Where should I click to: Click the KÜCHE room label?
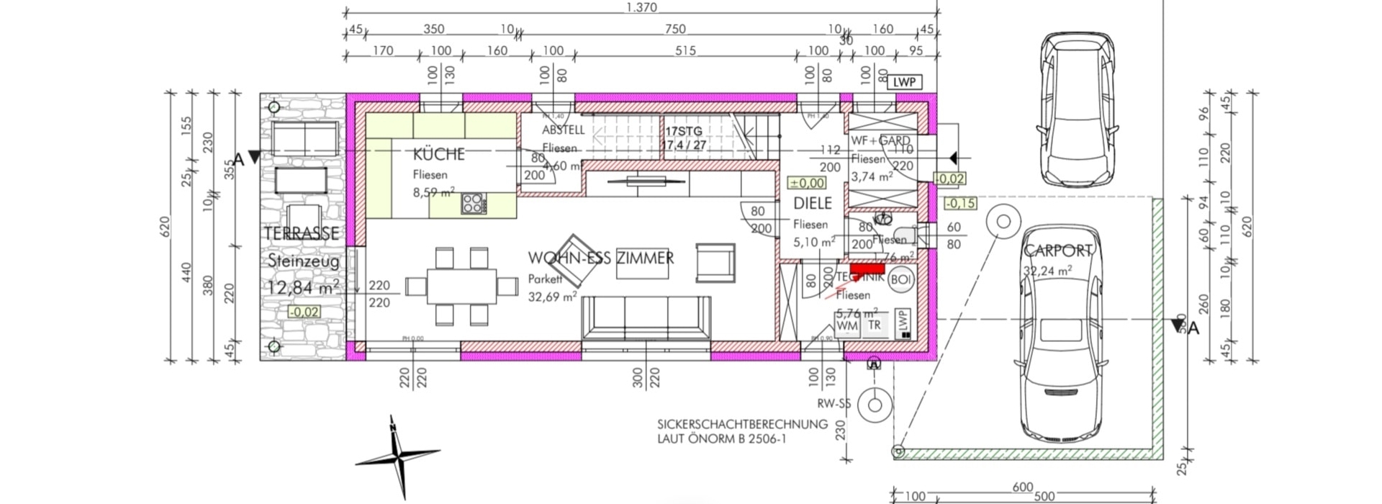click(438, 154)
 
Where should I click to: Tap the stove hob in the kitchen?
click(474, 204)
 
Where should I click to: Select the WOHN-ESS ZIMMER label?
click(601, 258)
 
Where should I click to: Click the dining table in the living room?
click(461, 287)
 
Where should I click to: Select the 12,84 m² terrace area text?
click(303, 288)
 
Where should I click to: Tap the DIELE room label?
click(812, 204)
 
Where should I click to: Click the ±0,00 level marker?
click(807, 184)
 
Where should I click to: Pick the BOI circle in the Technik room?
click(900, 279)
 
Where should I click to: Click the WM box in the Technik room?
click(847, 325)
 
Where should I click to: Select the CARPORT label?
click(1057, 251)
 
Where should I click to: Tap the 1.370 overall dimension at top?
click(641, 8)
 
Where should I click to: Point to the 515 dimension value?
click(685, 51)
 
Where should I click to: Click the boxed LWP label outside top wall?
click(904, 82)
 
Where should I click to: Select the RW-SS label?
click(834, 404)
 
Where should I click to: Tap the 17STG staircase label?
click(683, 132)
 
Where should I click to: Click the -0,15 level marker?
click(959, 203)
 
